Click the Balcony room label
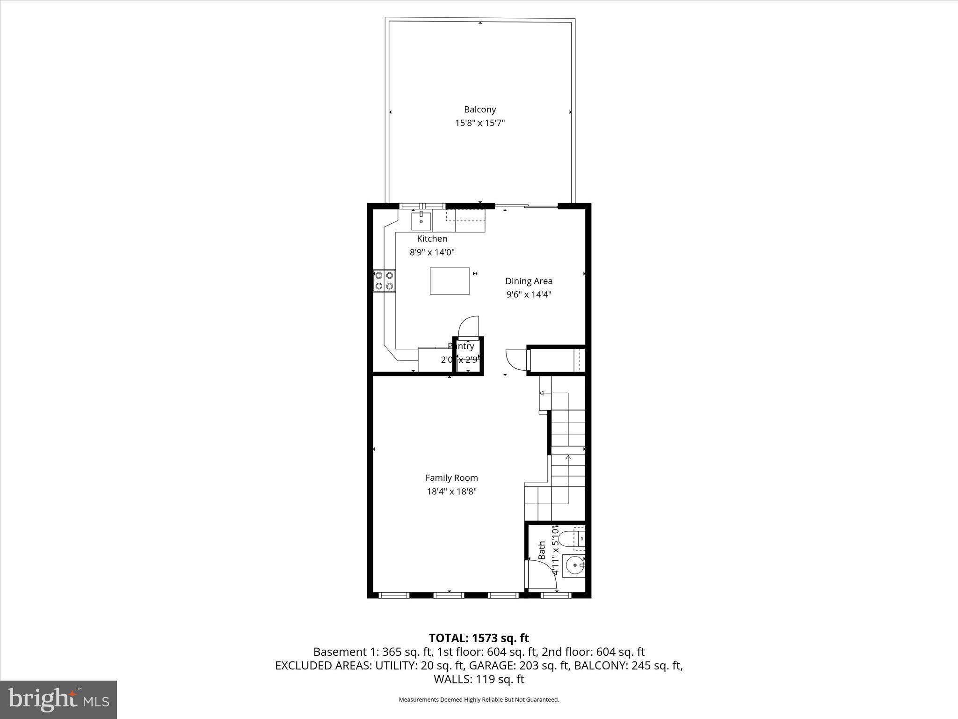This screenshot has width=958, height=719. click(x=479, y=110)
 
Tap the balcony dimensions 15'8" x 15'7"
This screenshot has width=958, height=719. click(x=480, y=123)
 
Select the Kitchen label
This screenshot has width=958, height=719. click(x=432, y=239)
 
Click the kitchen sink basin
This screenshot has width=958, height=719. click(x=421, y=221)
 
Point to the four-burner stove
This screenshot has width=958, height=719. click(x=384, y=281)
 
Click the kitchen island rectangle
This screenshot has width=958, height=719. click(x=450, y=281)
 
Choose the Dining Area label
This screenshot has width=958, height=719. click(x=529, y=281)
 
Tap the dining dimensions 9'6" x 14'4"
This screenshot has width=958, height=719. click(x=529, y=294)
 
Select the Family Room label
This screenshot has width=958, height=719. click(x=451, y=478)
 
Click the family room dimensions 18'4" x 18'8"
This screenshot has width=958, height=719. click(x=451, y=492)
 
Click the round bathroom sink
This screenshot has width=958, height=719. click(x=573, y=565)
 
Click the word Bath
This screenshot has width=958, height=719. click(x=542, y=550)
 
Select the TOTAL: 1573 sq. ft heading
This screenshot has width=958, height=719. click(x=479, y=638)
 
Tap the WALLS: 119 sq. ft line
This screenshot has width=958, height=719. click(x=479, y=679)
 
